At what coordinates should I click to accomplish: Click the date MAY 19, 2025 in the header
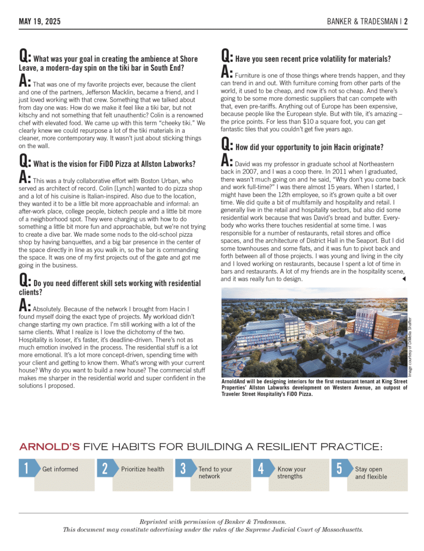[x=39, y=22]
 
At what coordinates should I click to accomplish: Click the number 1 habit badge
[x=26, y=469]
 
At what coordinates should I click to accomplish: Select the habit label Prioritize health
[x=143, y=469]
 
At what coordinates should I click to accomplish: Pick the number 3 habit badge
[x=183, y=469]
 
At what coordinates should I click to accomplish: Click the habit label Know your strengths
[x=291, y=472]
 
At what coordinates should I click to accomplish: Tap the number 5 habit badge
[x=340, y=469]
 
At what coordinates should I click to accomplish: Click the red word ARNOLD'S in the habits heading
[x=50, y=447]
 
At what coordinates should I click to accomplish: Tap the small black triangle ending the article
[x=404, y=279]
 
